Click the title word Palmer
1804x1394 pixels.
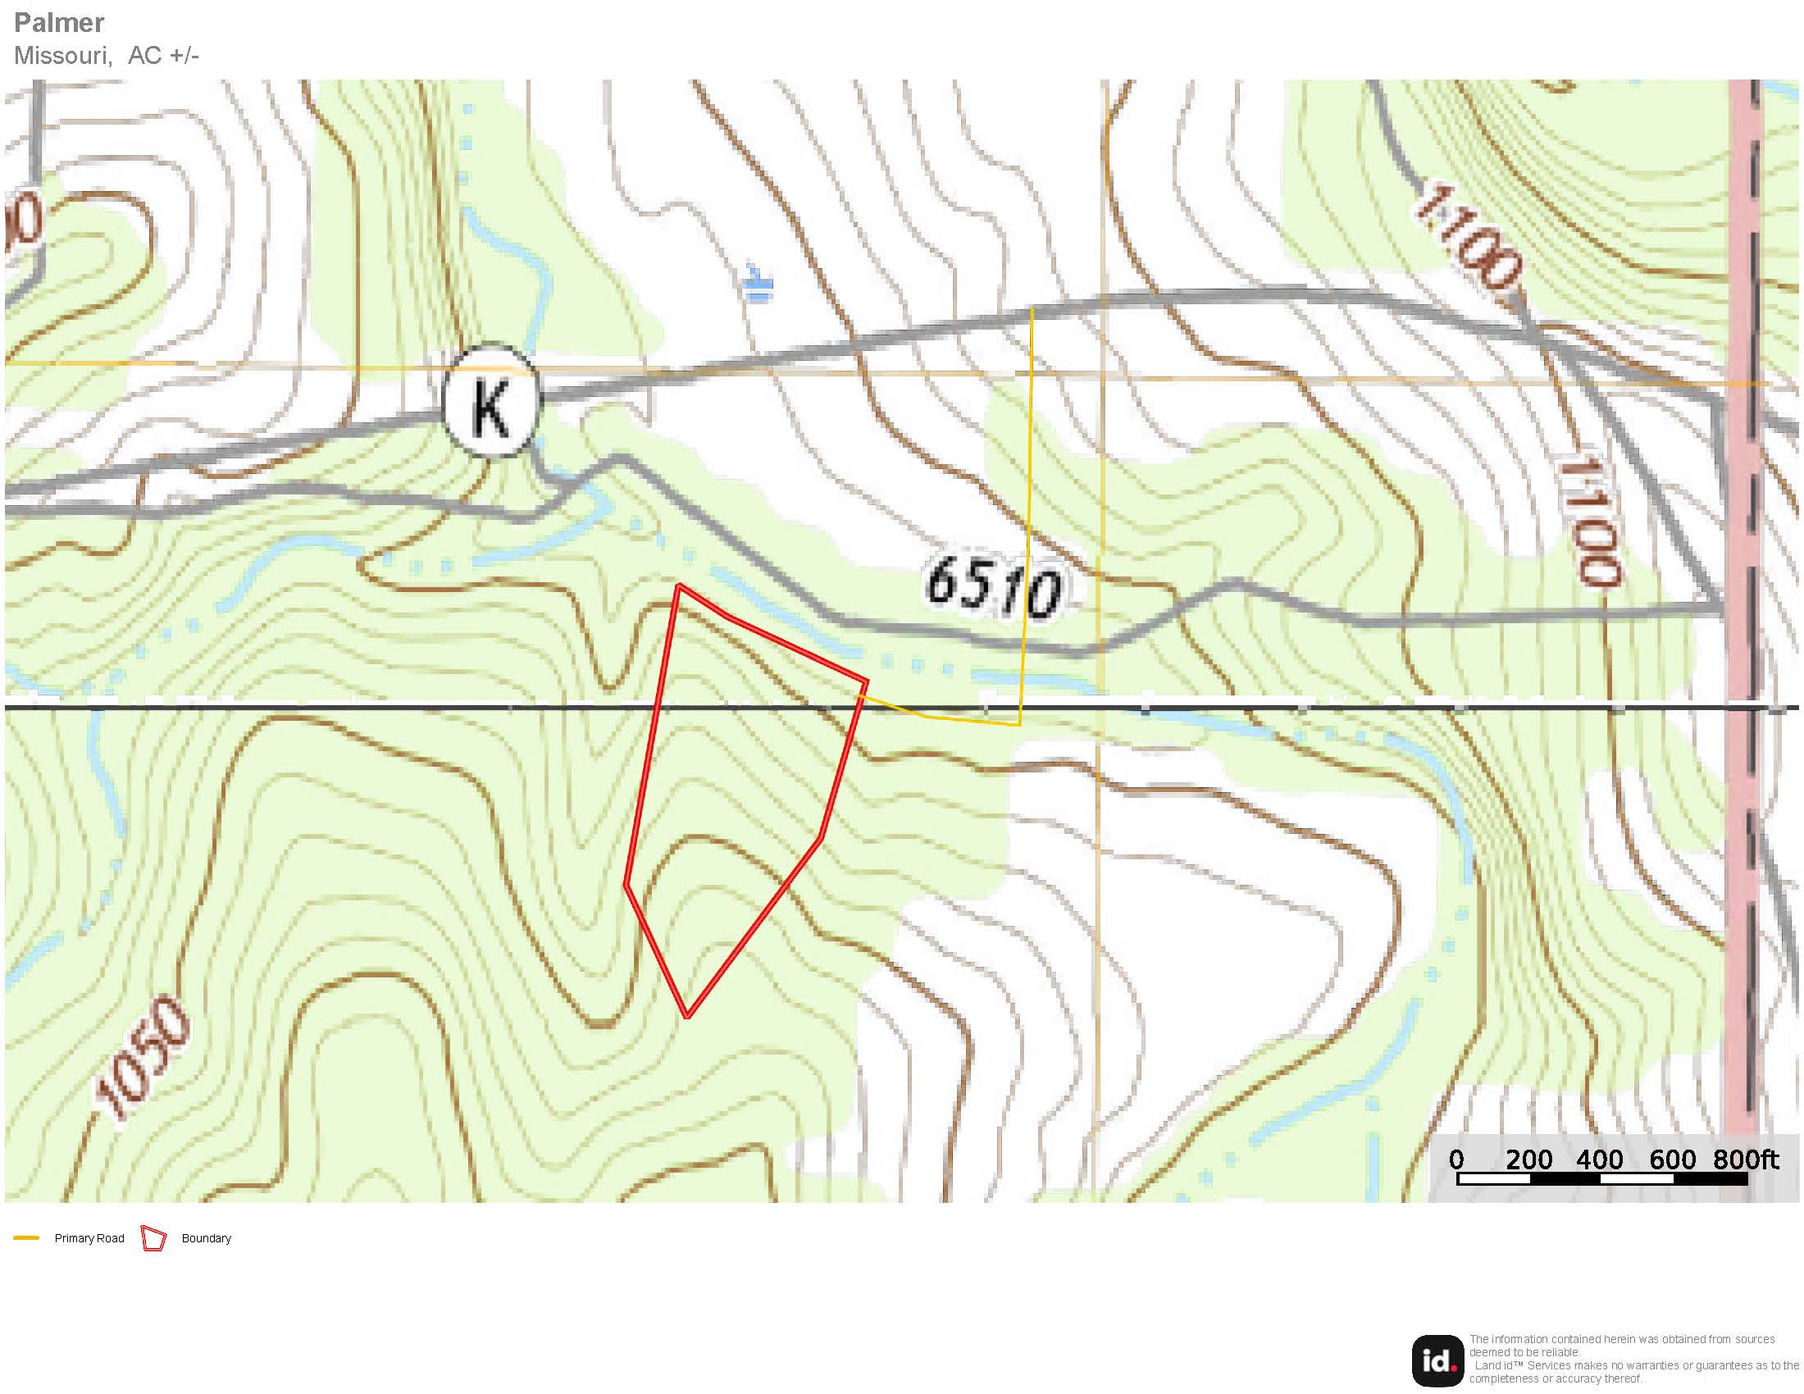(x=60, y=22)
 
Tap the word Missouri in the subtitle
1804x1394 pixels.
(x=63, y=55)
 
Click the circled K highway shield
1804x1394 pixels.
(x=490, y=401)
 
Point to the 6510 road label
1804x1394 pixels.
(x=993, y=587)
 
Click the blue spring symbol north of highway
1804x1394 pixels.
(x=757, y=285)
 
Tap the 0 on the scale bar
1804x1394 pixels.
(x=1456, y=1159)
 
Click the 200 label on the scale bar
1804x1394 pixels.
(x=1528, y=1159)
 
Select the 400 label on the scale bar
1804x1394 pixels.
(x=1599, y=1159)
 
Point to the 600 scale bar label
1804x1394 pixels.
(x=1672, y=1159)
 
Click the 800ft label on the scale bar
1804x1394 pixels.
(x=1745, y=1159)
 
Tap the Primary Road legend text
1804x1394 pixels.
(x=89, y=1238)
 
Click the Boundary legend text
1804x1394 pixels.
(x=206, y=1238)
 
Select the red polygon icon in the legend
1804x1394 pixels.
(x=153, y=1238)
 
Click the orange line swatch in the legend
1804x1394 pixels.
(x=26, y=1238)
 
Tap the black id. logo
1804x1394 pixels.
(x=1437, y=1360)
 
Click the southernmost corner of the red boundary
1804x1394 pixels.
(x=687, y=1015)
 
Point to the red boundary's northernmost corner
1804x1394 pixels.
(x=678, y=585)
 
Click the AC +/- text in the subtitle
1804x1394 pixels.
(x=163, y=55)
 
